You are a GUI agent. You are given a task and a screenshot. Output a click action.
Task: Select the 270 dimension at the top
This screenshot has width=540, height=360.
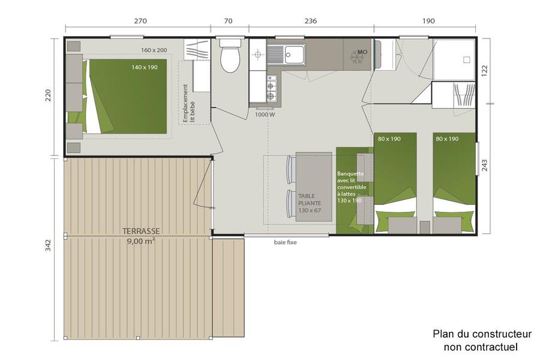click(x=140, y=20)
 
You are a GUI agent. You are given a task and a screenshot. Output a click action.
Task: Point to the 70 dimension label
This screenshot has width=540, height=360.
click(x=229, y=20)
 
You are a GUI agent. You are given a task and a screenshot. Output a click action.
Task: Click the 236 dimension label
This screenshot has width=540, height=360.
click(x=311, y=20)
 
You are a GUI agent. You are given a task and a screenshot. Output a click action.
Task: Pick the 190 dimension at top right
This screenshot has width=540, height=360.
click(x=428, y=20)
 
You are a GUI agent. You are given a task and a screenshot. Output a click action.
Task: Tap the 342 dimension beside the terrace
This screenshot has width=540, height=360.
click(x=48, y=245)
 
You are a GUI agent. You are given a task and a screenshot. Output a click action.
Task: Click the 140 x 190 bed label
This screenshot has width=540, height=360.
click(x=145, y=67)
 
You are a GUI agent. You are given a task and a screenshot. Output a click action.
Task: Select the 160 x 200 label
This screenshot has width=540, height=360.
click(x=154, y=50)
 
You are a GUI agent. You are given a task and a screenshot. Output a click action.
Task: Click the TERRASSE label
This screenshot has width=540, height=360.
click(x=141, y=231)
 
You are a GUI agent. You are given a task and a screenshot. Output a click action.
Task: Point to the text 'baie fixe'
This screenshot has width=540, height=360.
click(x=285, y=242)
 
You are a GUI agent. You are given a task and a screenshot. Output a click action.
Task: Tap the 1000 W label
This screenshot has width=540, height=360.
click(x=265, y=115)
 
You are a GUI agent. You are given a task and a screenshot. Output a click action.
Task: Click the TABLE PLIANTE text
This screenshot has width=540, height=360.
click(x=310, y=199)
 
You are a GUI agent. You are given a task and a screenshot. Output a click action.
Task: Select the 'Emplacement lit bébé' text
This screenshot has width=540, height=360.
click(x=189, y=103)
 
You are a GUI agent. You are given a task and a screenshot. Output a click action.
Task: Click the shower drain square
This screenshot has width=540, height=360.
click(x=467, y=59)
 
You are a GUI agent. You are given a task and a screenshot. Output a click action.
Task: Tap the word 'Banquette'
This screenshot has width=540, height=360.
click(x=350, y=173)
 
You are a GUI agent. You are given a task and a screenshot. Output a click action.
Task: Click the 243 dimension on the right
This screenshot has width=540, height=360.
click(x=485, y=166)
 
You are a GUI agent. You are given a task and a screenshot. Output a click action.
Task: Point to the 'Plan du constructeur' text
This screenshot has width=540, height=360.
click(x=482, y=334)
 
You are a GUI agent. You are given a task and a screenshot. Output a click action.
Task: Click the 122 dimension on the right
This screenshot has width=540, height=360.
click(x=485, y=71)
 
